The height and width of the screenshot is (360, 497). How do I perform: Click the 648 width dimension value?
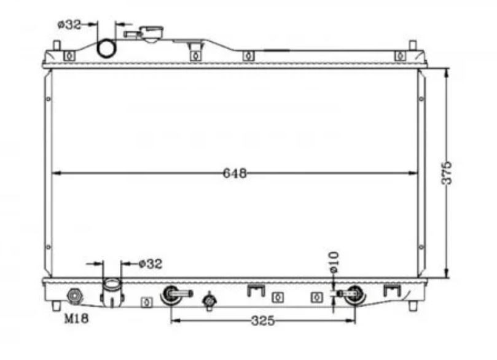point(235,173)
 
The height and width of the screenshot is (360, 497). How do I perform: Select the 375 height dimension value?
point(447,173)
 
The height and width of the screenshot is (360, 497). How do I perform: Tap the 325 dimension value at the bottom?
point(263,321)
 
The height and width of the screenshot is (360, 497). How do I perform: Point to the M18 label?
point(76,318)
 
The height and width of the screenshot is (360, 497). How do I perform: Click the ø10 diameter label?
point(334,262)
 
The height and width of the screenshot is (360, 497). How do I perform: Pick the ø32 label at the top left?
point(69,25)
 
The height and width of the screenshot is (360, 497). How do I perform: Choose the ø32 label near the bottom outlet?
point(151,264)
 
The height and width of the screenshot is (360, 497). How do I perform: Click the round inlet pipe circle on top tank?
point(107,49)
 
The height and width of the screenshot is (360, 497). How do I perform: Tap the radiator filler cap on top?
point(152,34)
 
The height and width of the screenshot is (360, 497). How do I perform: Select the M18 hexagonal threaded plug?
point(75,296)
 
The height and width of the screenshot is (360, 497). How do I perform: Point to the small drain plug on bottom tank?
point(209,300)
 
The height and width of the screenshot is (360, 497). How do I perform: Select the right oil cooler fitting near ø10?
point(351,295)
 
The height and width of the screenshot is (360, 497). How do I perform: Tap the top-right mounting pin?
point(412,45)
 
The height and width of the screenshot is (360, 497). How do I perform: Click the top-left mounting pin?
point(57,45)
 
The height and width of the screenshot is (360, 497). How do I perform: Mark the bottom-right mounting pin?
point(412,306)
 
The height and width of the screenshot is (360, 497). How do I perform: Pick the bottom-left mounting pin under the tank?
point(56,306)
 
